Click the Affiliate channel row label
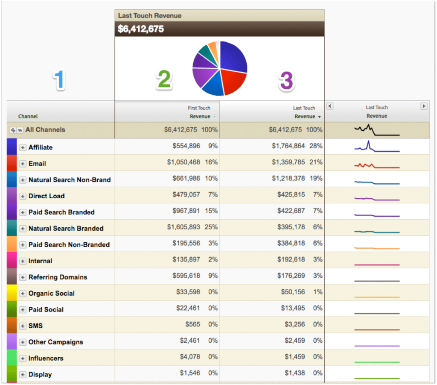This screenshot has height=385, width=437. click(41, 147)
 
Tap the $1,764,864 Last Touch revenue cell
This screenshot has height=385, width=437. click(288, 146)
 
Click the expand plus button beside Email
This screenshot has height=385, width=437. click(23, 164)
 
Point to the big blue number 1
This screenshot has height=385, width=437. click(59, 80)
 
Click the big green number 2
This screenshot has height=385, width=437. click(164, 80)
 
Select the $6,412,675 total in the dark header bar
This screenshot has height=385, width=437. click(141, 29)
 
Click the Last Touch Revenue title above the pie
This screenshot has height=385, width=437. click(150, 15)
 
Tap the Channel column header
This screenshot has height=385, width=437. click(28, 116)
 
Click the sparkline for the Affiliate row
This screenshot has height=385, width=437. click(376, 147)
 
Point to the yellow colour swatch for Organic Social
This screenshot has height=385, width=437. click(12, 293)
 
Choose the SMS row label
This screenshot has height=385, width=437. click(35, 326)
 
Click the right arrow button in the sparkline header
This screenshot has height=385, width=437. click(424, 106)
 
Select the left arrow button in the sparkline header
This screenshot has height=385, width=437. click(330, 106)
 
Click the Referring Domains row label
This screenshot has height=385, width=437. click(58, 277)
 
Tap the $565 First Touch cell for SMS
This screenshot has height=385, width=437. click(193, 324)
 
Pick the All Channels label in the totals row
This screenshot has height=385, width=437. click(45, 129)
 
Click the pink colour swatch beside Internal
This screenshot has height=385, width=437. click(12, 260)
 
